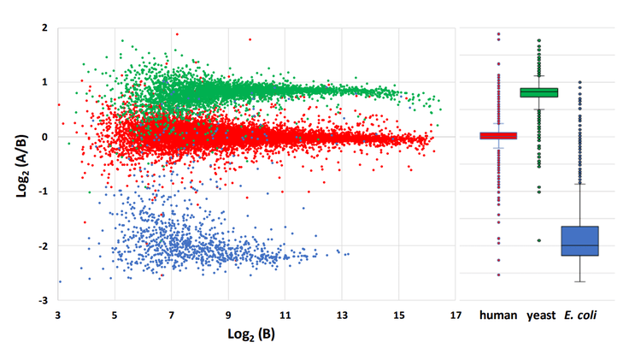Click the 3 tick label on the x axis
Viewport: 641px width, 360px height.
tap(58, 314)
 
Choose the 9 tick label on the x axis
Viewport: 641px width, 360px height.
tap(228, 314)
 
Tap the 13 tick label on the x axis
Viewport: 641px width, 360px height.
tap(342, 314)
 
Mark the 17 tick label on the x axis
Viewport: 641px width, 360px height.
tap(455, 314)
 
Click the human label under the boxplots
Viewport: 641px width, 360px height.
tap(498, 315)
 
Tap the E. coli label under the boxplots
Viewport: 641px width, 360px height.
tap(581, 315)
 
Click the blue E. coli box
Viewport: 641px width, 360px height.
tap(579, 240)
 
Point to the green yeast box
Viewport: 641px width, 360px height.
tap(539, 92)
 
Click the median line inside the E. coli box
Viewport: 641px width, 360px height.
tap(579, 245)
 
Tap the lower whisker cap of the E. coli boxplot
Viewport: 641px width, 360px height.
tap(579, 281)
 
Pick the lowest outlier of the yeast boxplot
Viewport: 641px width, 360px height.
tap(539, 240)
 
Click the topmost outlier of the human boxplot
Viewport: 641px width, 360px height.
tap(498, 34)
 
